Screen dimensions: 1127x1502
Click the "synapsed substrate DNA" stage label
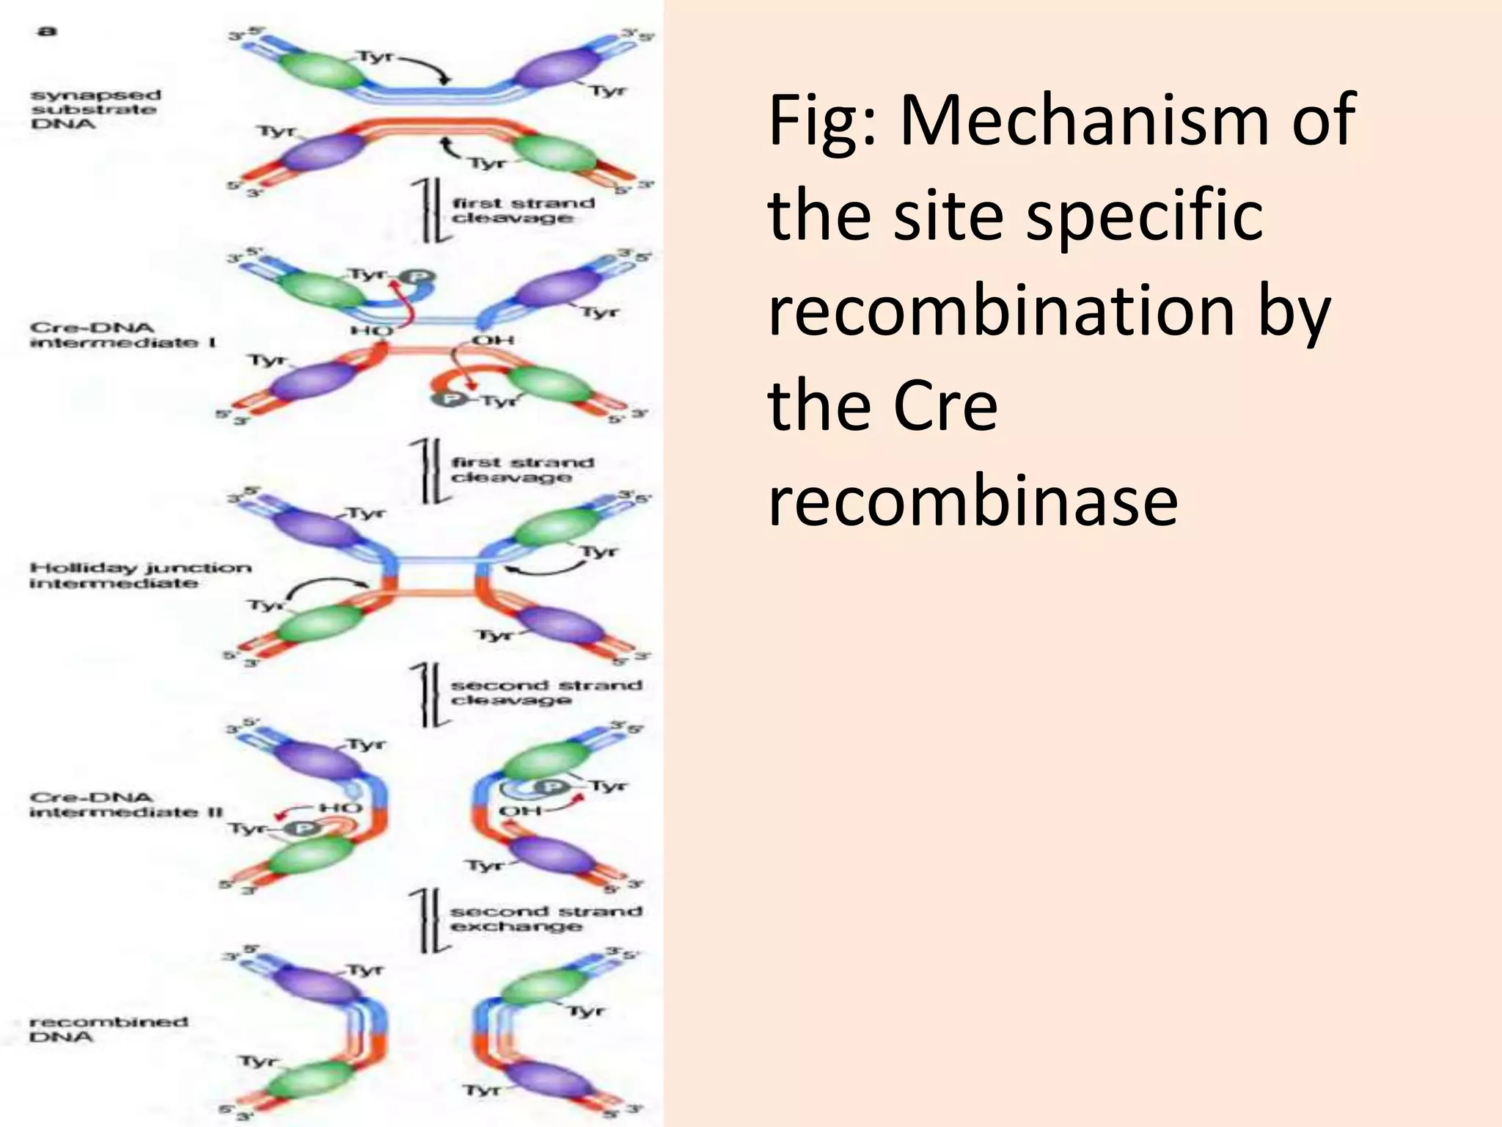95,109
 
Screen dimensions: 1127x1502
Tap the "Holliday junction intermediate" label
140,575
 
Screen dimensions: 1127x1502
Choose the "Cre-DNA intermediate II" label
125,805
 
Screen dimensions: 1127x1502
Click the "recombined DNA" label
109,1029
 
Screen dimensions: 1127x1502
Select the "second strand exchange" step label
545,919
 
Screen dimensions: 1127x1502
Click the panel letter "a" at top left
47,31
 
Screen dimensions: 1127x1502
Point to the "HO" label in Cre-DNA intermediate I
371,332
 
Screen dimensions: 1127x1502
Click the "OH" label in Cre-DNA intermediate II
519,811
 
